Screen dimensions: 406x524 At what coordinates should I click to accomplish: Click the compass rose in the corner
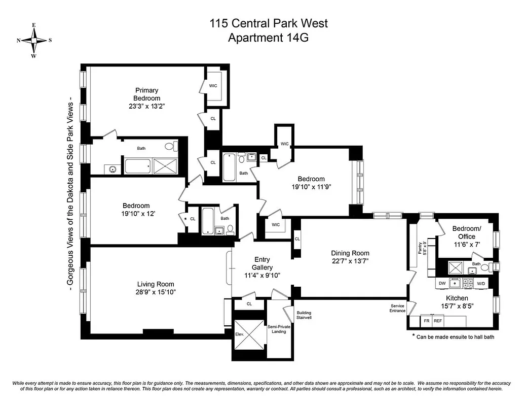pos(34,40)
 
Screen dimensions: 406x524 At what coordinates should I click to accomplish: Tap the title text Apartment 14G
pos(269,37)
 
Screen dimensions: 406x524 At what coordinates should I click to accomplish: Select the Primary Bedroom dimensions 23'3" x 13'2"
pos(147,106)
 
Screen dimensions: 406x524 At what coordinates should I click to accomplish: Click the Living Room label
pos(156,284)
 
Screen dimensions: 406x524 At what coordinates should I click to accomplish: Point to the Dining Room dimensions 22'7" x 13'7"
pos(350,261)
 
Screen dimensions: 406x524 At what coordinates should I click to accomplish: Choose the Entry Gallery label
pos(262,263)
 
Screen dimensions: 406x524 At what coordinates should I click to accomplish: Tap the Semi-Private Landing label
pos(279,329)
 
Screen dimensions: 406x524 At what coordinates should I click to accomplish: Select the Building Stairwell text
pos(304,315)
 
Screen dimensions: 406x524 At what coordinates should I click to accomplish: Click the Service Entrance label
pos(397,308)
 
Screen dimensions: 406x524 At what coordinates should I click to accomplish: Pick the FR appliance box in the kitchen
pos(426,321)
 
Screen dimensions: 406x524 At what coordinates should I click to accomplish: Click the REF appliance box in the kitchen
pos(438,321)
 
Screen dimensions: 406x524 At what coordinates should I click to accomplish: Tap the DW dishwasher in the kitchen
pos(442,283)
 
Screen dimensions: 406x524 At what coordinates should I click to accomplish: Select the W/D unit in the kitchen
pos(480,283)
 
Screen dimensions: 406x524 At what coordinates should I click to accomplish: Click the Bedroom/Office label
pos(466,233)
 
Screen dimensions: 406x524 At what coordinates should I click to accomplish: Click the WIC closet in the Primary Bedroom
pos(213,86)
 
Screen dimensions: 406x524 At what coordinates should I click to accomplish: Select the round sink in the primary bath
pos(113,168)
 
